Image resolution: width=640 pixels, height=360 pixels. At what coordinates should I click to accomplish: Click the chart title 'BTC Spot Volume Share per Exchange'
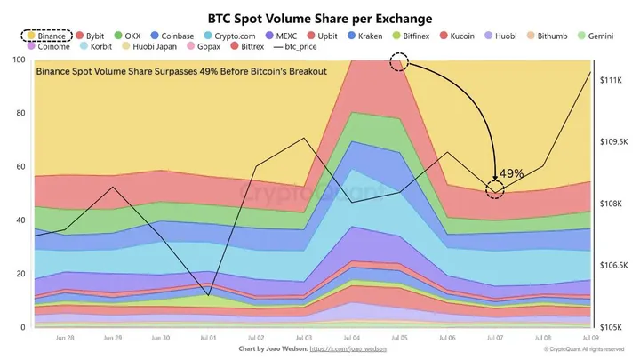click(320, 17)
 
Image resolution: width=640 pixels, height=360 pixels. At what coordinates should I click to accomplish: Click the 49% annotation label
click(511, 173)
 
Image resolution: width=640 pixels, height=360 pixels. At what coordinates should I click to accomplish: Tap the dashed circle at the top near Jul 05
click(399, 61)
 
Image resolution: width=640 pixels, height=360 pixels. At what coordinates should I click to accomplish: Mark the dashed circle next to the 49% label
click(494, 188)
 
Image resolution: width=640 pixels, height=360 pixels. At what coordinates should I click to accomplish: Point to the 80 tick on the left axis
click(20, 114)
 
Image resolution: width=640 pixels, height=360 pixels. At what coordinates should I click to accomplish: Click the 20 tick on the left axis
click(20, 274)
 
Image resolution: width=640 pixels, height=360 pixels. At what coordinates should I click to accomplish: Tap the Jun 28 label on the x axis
click(64, 339)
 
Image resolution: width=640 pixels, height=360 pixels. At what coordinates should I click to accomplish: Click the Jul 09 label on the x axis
click(589, 339)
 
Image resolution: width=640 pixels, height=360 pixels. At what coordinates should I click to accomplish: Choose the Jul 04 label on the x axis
click(351, 339)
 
